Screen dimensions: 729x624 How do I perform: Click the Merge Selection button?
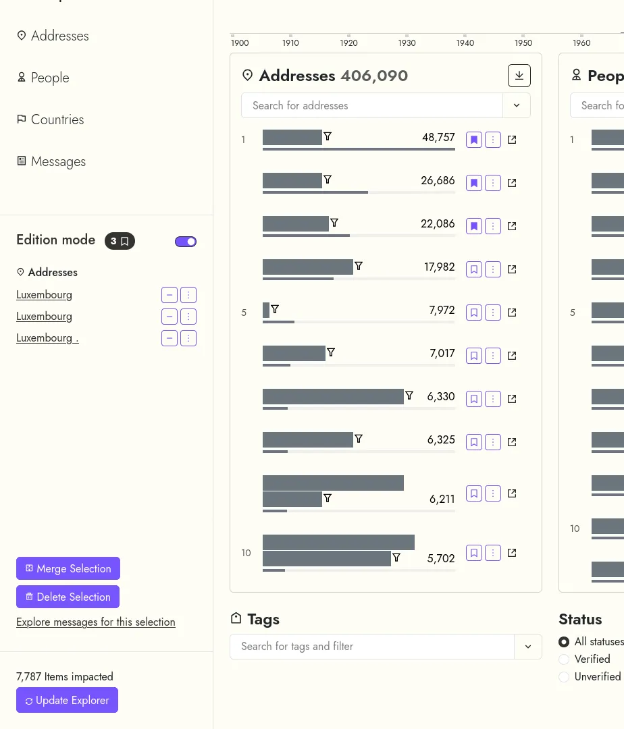click(x=68, y=568)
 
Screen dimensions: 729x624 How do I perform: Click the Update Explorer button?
click(x=67, y=700)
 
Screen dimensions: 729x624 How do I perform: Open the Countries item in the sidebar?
click(x=57, y=119)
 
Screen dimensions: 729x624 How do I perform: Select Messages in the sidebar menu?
click(x=58, y=161)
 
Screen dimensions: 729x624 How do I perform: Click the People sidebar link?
click(x=50, y=78)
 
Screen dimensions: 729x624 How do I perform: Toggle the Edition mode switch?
click(x=186, y=242)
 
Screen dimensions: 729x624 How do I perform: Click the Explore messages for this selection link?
click(x=96, y=622)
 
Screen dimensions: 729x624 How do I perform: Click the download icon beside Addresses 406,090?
click(x=519, y=76)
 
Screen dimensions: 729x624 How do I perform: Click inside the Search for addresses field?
click(x=371, y=105)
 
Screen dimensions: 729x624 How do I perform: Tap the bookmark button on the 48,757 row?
click(x=474, y=140)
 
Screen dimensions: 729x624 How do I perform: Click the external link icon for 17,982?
click(x=512, y=269)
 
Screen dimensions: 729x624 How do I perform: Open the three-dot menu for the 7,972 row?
click(x=493, y=313)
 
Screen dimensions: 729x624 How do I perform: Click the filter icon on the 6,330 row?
click(x=409, y=396)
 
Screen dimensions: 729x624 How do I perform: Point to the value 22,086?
click(x=438, y=223)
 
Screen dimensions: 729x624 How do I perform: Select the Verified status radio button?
click(x=564, y=659)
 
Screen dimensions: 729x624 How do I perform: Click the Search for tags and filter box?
click(x=371, y=646)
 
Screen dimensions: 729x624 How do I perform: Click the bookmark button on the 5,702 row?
click(x=474, y=553)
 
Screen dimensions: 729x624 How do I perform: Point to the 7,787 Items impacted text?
click(x=65, y=676)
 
